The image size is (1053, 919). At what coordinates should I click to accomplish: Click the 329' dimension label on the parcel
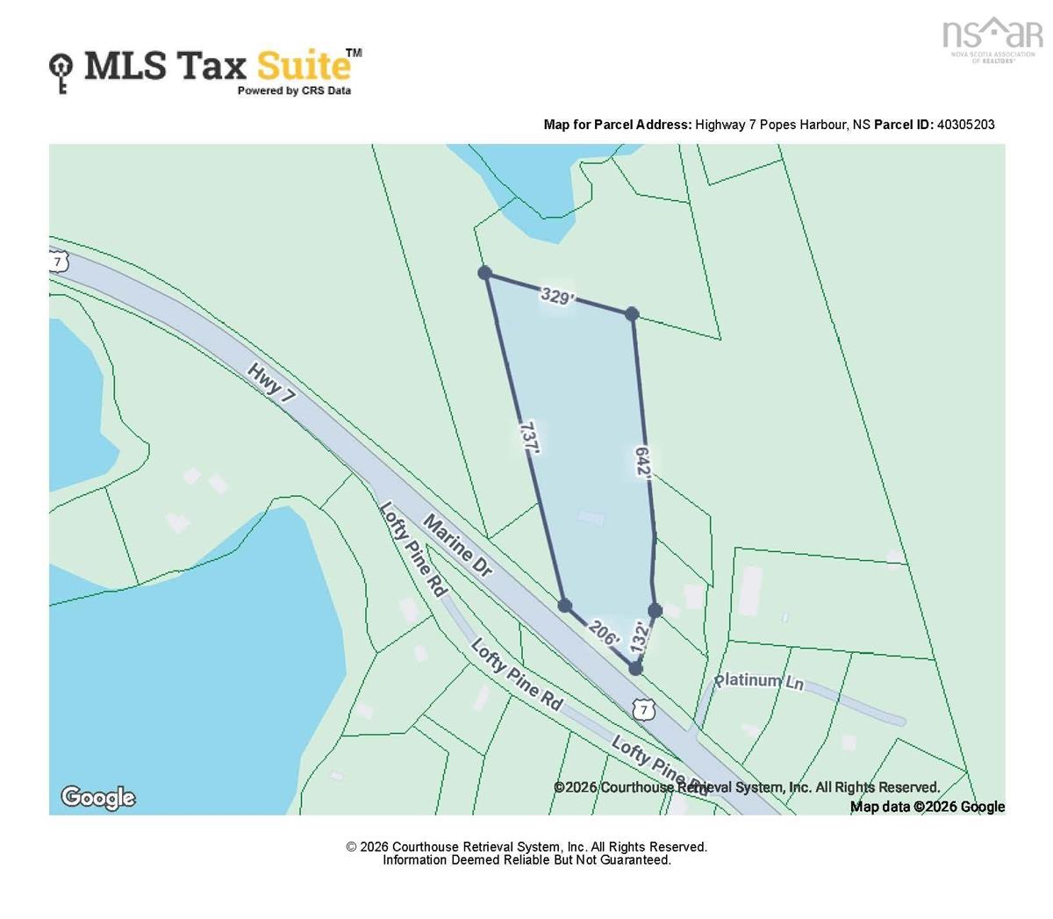(x=556, y=296)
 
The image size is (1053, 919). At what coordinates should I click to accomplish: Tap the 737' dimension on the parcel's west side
(x=528, y=437)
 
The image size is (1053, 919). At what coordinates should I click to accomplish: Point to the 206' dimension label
(x=603, y=633)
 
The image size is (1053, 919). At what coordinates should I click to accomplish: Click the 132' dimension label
(x=640, y=635)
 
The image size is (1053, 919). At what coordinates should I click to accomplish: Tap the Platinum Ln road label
(x=758, y=681)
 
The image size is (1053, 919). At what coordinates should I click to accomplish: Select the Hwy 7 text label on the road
(x=270, y=384)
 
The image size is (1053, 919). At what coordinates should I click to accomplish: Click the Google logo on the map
(x=97, y=797)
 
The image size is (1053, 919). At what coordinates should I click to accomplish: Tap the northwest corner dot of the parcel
(x=484, y=273)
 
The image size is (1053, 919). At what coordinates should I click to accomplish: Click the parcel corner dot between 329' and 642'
(x=632, y=313)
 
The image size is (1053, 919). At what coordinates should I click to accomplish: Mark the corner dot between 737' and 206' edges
(x=565, y=606)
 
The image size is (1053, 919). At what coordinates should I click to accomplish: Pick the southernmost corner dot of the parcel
(x=635, y=669)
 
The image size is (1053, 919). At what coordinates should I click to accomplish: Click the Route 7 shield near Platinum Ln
(x=644, y=709)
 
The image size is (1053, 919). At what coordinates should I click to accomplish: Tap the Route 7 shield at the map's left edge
(x=58, y=262)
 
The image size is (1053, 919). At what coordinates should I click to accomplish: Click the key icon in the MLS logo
(x=61, y=72)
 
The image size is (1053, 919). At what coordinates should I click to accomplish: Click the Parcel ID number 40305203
(x=965, y=125)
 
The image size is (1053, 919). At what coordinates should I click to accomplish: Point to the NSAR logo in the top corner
(x=992, y=39)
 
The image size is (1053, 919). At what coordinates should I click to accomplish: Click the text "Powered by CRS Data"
(x=294, y=90)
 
